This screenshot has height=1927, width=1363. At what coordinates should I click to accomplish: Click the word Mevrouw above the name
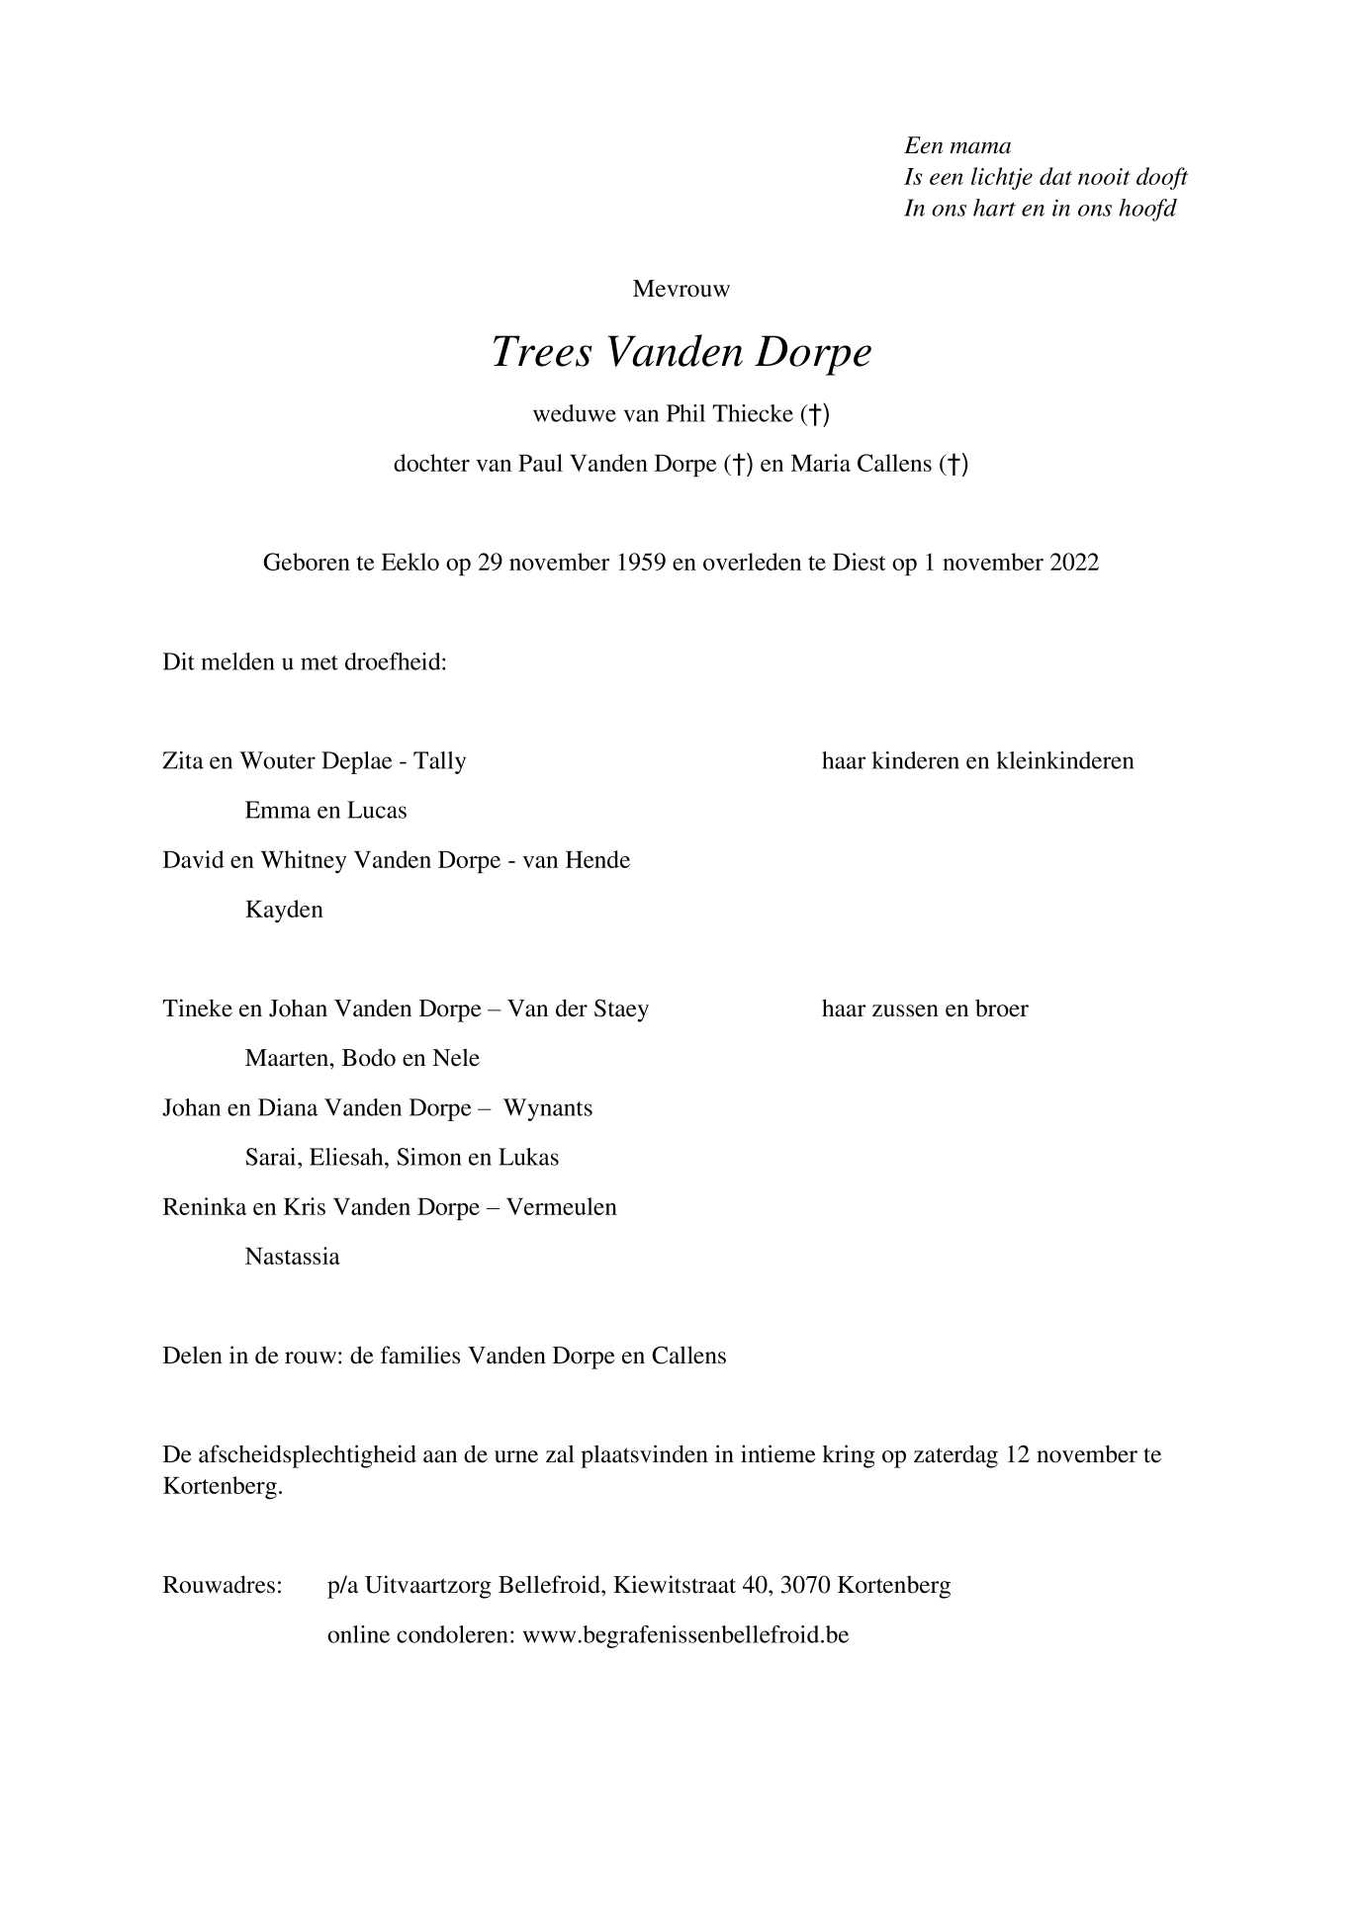681,290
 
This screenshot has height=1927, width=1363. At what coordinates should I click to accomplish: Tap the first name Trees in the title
540,353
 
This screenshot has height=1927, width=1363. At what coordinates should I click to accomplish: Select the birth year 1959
640,564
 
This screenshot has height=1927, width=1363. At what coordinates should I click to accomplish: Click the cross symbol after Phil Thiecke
814,414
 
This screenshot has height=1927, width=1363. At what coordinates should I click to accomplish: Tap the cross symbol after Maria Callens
953,464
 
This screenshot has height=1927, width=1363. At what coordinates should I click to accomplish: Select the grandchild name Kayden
284,911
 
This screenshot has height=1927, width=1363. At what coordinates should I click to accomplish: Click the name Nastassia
292,1258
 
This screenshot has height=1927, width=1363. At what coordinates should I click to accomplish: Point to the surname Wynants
548,1108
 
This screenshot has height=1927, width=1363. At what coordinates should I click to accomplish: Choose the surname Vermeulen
561,1208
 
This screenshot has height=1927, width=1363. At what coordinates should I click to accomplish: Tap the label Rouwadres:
223,1586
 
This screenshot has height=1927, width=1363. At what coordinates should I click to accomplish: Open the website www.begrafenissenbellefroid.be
685,1635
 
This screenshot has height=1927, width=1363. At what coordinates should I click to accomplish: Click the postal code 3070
805,1586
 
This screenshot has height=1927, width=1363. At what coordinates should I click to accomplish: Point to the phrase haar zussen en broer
925,1009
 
